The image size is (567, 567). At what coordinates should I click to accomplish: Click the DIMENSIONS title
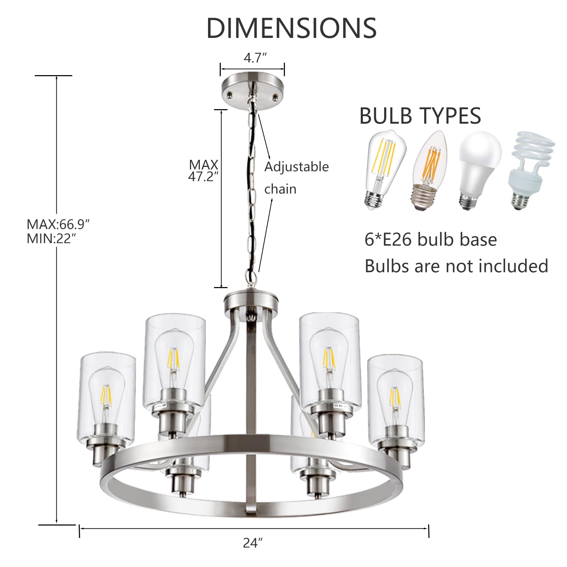point(291,28)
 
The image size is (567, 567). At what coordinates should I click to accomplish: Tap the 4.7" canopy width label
point(255,58)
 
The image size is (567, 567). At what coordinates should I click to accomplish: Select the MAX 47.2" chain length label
point(203,170)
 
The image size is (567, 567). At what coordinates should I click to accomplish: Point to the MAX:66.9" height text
point(58,224)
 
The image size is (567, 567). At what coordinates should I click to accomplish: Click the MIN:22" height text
point(51,239)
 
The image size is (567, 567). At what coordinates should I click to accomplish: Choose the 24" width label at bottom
point(253,543)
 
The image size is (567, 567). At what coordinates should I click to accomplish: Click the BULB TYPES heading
point(420,116)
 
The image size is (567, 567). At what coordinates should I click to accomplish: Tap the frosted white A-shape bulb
point(479,170)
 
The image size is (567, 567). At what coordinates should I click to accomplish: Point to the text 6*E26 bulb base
point(431,240)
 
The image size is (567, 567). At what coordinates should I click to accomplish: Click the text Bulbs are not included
point(456,266)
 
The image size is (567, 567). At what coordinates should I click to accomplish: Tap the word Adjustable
point(297,167)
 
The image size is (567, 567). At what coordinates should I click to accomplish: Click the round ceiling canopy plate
point(253,90)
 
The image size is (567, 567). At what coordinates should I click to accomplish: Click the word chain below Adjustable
point(280,189)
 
